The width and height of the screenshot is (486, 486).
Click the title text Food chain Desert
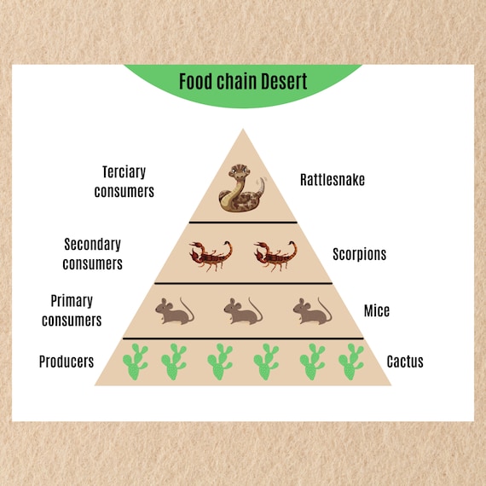tap(243, 82)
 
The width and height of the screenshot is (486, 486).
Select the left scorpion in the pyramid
tap(211, 254)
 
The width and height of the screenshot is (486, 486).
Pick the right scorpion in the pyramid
tap(275, 254)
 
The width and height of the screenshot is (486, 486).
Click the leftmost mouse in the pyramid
tap(174, 310)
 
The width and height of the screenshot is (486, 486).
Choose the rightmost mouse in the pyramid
tap(312, 310)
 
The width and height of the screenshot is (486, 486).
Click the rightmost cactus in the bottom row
tap(350, 362)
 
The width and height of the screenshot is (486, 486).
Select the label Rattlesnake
tap(331, 180)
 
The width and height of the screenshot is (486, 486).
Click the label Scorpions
tap(359, 254)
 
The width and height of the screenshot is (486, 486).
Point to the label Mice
tap(376, 310)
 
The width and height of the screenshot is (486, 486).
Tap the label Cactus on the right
tap(404, 362)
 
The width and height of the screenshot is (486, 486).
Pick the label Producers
tap(67, 362)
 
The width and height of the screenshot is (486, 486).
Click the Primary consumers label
tap(72, 310)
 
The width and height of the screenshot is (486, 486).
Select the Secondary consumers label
tap(93, 254)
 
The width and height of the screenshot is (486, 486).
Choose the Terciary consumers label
tap(124, 181)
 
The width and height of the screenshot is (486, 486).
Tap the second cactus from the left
tap(174, 362)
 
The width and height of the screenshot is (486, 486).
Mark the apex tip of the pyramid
tap(243, 130)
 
